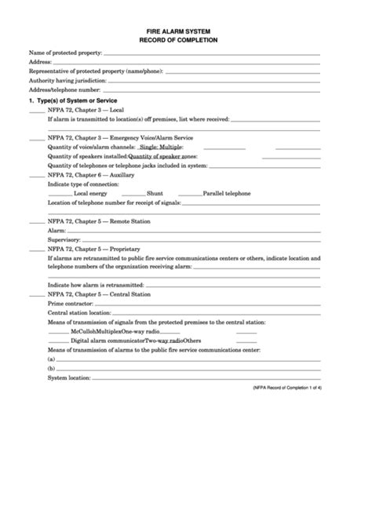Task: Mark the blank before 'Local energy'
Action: coord(59,193)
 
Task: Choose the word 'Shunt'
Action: coord(155,193)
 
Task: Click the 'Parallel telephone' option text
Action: coord(228,193)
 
